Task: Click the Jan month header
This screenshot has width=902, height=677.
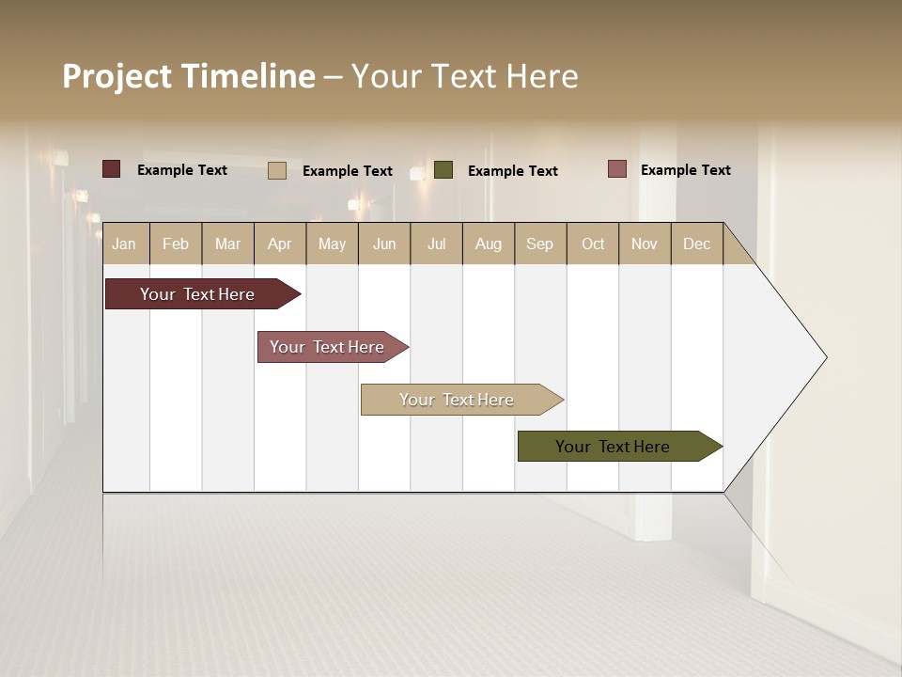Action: (x=124, y=244)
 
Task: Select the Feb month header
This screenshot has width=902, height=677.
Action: (x=176, y=244)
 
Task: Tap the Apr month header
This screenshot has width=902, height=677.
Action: (x=279, y=244)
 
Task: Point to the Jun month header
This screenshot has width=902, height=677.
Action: (x=384, y=244)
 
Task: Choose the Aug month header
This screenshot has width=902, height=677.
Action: (x=488, y=244)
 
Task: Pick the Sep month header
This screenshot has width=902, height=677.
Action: (x=539, y=244)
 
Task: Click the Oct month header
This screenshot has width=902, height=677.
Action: (x=593, y=244)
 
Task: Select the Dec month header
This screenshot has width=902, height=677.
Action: (x=696, y=244)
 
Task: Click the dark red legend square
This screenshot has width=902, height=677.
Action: (x=111, y=169)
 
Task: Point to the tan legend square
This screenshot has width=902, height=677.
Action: (x=277, y=170)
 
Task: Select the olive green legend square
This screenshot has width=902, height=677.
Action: (x=443, y=169)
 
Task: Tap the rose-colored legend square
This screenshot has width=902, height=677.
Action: (x=616, y=168)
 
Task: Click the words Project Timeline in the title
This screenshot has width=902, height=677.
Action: (x=188, y=76)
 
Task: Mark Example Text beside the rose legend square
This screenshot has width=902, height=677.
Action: (x=685, y=169)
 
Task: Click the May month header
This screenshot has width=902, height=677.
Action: (x=332, y=244)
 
